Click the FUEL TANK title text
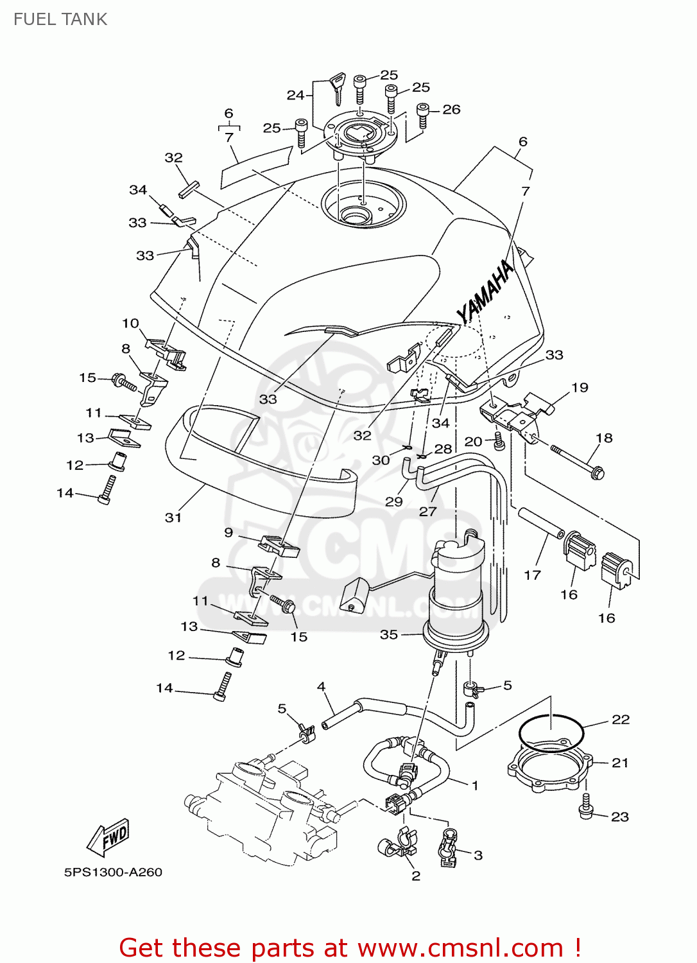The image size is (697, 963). tap(60, 19)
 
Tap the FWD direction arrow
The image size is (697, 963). tap(109, 837)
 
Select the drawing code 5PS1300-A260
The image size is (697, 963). tap(113, 872)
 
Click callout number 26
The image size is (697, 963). tap(451, 110)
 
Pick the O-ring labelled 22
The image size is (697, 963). tap(551, 732)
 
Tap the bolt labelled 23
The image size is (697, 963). tap(585, 806)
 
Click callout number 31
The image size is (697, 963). tap(173, 517)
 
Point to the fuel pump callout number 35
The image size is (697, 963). tap(389, 634)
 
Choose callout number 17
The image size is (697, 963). tap(532, 575)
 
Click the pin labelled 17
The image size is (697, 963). tap(540, 523)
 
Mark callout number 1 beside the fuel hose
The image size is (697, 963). tap(475, 785)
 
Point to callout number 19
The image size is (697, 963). tap(580, 387)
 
